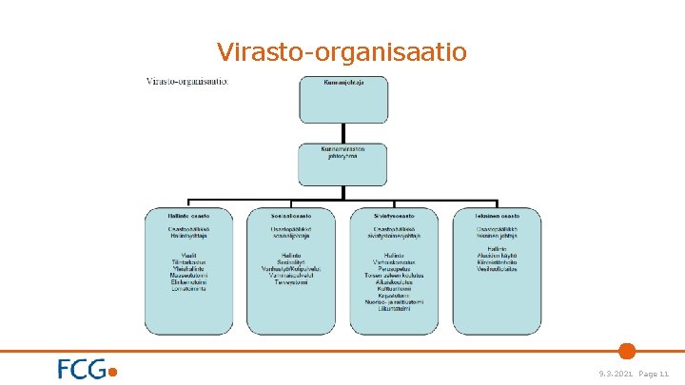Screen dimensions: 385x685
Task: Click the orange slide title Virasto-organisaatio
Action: click(x=342, y=51)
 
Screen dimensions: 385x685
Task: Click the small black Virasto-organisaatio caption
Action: click(x=186, y=81)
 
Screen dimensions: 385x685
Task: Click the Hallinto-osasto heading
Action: click(x=188, y=216)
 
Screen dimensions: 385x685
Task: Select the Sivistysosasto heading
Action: click(x=393, y=216)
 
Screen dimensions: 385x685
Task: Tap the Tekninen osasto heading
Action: click(x=497, y=216)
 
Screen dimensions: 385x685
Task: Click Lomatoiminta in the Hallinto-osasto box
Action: click(x=188, y=289)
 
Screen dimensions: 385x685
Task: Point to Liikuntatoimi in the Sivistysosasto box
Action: click(x=393, y=308)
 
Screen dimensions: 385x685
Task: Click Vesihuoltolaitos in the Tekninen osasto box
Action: click(x=497, y=269)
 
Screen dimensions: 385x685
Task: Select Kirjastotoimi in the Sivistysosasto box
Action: click(x=393, y=295)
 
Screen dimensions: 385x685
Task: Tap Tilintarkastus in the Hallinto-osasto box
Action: click(x=188, y=261)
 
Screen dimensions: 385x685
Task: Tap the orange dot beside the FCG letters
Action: click(x=114, y=373)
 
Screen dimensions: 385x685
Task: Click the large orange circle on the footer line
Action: click(x=626, y=350)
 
